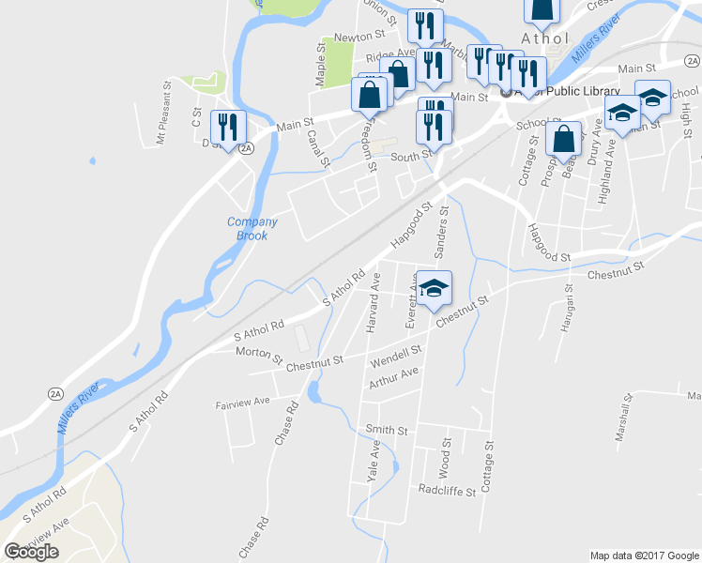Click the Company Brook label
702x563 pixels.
coord(252,229)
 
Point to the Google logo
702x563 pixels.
coord(32,552)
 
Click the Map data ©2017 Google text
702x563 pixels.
coord(644,555)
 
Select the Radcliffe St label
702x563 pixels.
coord(448,490)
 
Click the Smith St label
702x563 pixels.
coord(387,431)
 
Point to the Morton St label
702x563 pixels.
coord(258,357)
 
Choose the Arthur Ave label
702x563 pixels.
coord(393,377)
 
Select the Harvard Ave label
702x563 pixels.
coord(372,300)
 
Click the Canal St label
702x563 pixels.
coord(319,147)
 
